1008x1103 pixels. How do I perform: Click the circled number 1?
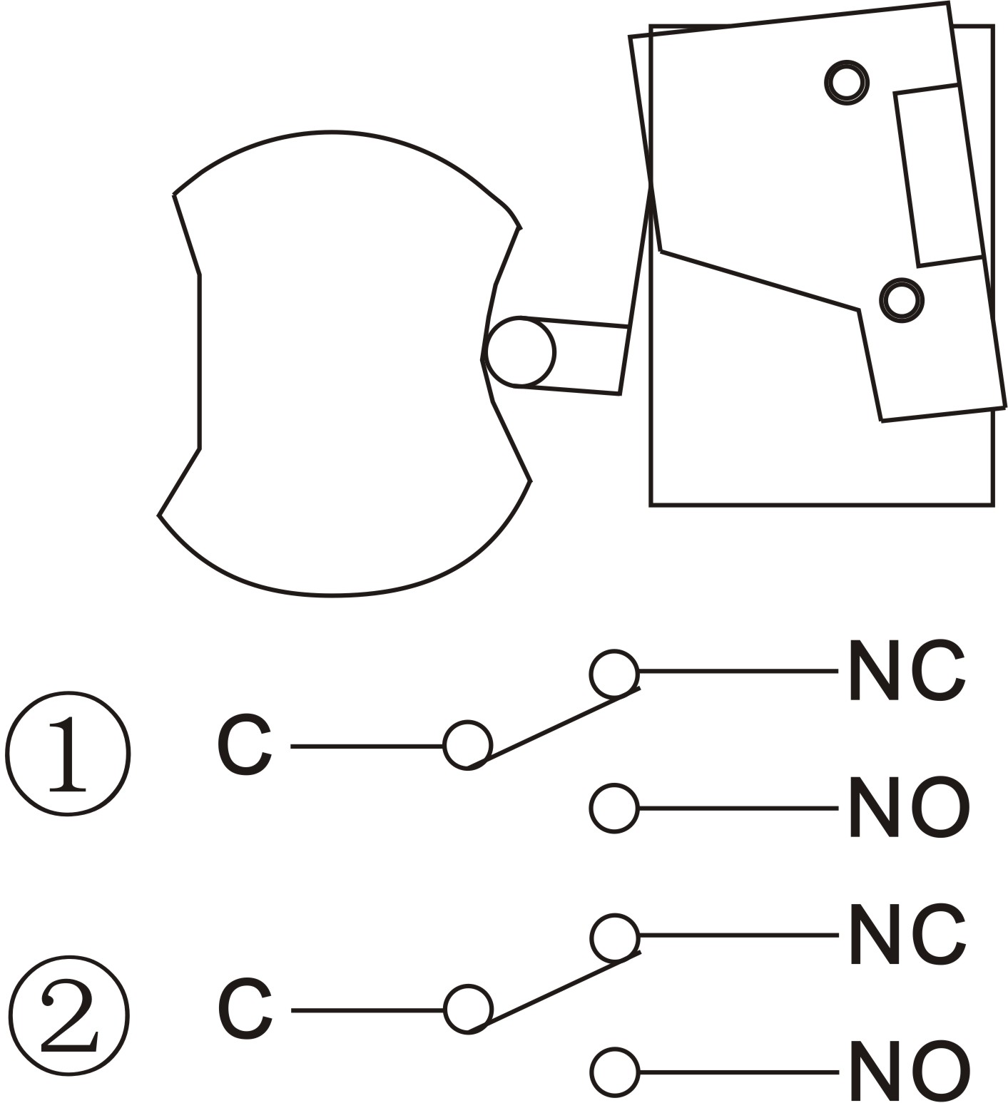click(x=68, y=753)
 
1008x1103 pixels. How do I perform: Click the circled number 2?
click(x=68, y=1015)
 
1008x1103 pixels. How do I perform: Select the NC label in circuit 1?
click(x=906, y=670)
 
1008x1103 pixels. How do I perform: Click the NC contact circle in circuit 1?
click(x=614, y=674)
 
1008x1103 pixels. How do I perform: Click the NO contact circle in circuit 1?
click(x=614, y=808)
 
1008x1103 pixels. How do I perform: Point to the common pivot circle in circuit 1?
click(x=467, y=746)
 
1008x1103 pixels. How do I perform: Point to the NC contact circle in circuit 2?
click(x=614, y=938)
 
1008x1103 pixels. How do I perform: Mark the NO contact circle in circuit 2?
click(x=614, y=1072)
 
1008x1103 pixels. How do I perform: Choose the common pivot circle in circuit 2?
click(x=468, y=1010)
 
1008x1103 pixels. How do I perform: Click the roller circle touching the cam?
click(x=520, y=352)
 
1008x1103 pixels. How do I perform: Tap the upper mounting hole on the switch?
click(x=847, y=82)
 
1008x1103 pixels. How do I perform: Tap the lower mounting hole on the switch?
click(x=902, y=300)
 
